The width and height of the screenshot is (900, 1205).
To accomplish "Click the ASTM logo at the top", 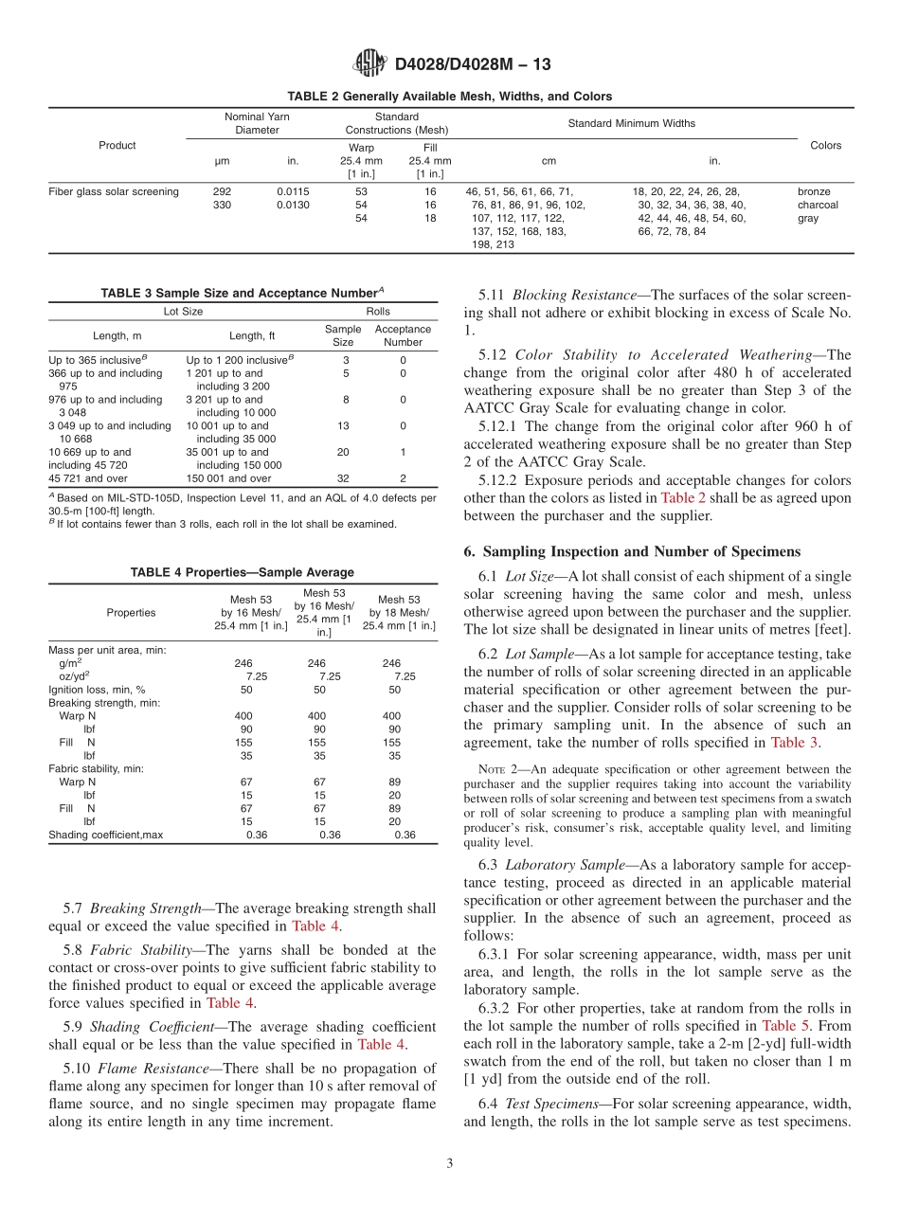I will [x=369, y=63].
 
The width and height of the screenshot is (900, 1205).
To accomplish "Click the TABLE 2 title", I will [x=450, y=97].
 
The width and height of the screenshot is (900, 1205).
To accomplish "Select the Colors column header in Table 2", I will [x=825, y=146].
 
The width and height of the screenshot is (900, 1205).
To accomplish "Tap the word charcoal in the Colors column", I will [x=818, y=205].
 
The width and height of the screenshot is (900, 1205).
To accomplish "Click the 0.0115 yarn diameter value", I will [x=293, y=191].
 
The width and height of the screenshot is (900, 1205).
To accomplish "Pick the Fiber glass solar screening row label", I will [x=114, y=191].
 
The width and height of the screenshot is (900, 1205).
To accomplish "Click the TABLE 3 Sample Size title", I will [x=243, y=294].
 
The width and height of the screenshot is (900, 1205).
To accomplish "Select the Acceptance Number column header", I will [x=404, y=335].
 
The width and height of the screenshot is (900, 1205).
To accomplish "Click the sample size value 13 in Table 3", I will [x=343, y=426].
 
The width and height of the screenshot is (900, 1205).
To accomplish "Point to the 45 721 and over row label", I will [x=88, y=478].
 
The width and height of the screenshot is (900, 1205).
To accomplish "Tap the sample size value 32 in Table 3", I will [x=343, y=478].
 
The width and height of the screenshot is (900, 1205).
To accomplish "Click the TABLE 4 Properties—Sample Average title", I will [x=243, y=572].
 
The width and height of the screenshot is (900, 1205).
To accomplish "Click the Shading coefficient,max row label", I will [x=106, y=835].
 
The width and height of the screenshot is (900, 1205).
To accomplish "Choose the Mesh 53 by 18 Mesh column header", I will [x=399, y=612].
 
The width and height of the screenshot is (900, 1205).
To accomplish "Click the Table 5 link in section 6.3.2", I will [x=779, y=1026].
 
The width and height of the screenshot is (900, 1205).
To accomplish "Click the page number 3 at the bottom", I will [x=450, y=1163].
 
